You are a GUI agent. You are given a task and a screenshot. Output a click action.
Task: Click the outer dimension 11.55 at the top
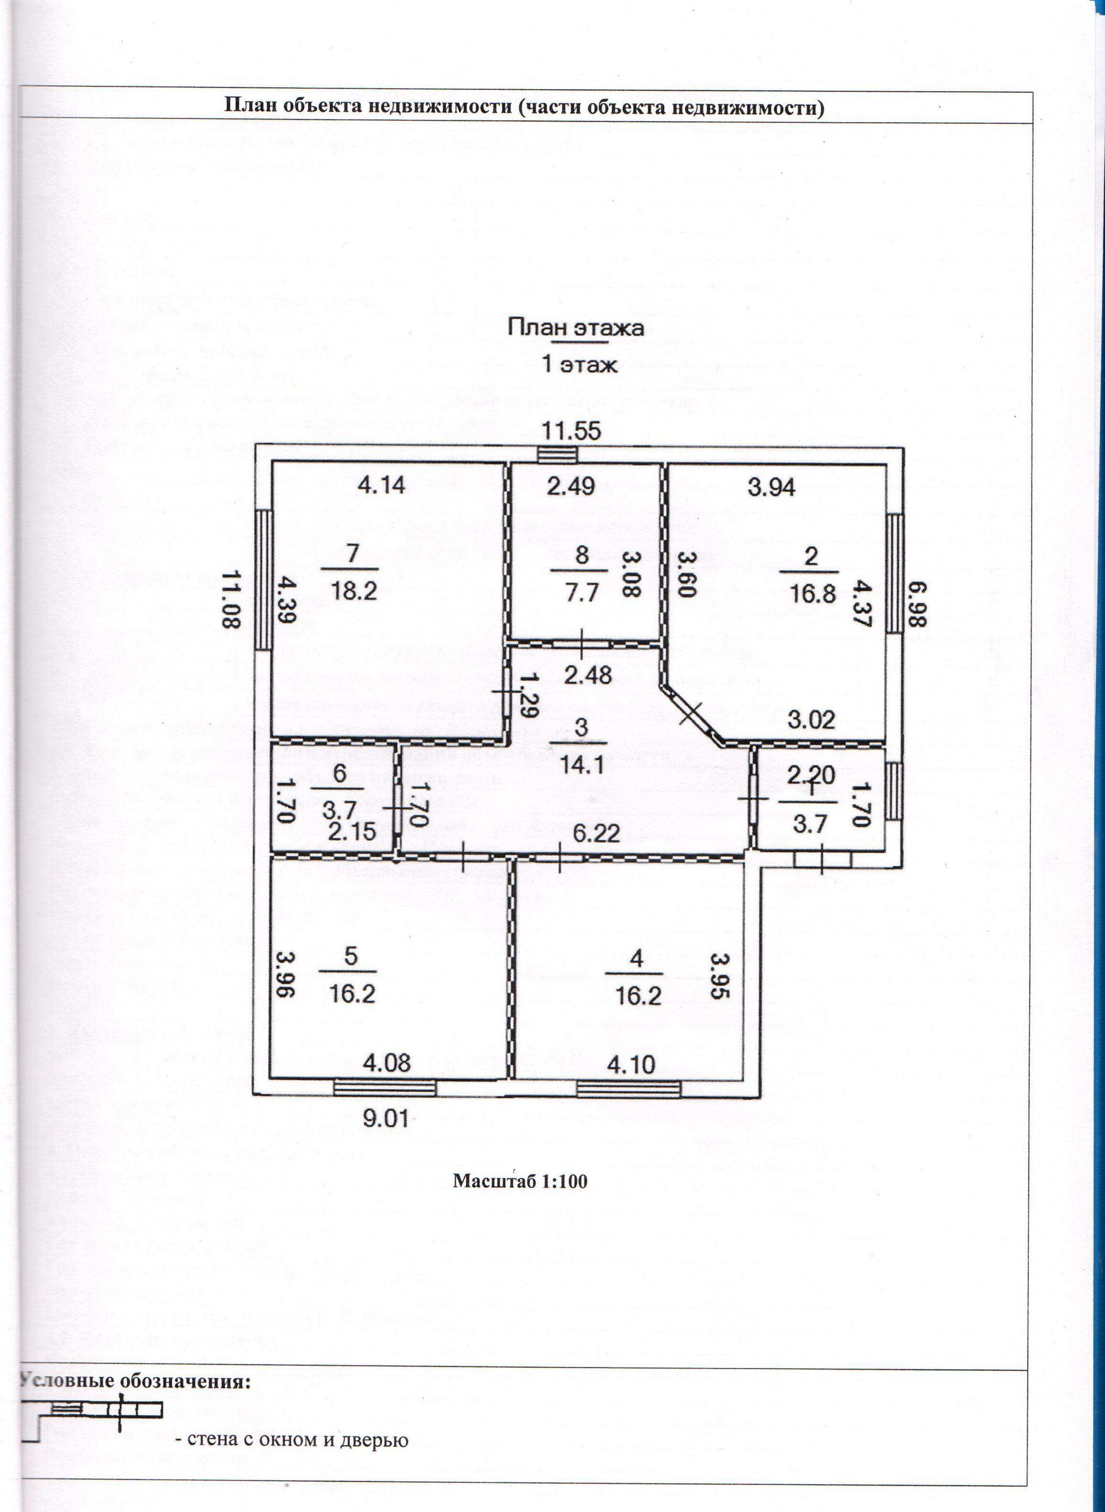(570, 431)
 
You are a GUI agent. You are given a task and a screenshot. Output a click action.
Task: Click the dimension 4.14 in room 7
(380, 484)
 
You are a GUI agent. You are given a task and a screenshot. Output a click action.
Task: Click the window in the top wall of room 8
(558, 454)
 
